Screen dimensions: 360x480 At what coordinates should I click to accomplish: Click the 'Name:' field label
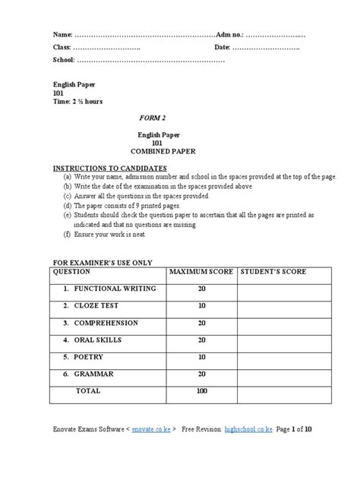pyautogui.click(x=62, y=35)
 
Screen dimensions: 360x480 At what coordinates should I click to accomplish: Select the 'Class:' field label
pyautogui.click(x=62, y=47)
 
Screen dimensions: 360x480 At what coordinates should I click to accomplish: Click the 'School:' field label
pyautogui.click(x=64, y=59)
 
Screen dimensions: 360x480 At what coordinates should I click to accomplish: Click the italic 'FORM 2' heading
pyautogui.click(x=155, y=120)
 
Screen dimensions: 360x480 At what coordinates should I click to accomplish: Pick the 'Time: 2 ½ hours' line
pyautogui.click(x=77, y=101)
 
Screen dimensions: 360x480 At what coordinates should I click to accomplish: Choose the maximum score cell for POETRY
pyautogui.click(x=202, y=355)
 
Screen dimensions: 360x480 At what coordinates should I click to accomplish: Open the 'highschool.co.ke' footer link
pyautogui.click(x=251, y=430)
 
